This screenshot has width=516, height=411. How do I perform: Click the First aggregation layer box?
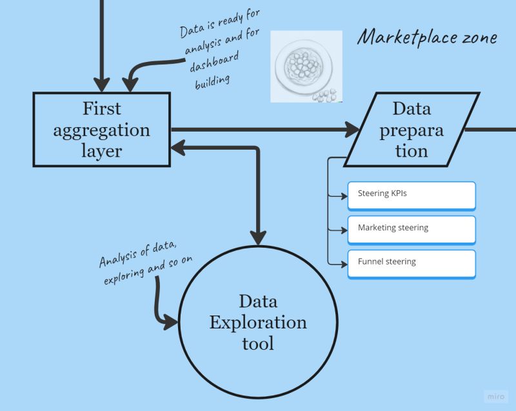[102, 129]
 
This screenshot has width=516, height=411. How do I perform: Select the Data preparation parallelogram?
[412, 129]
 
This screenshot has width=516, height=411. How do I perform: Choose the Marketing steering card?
[412, 228]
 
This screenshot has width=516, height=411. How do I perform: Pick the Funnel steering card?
[412, 263]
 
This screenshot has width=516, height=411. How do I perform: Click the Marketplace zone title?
[427, 37]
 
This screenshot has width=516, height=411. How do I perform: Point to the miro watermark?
[495, 396]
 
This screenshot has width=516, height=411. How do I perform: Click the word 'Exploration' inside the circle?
[258, 322]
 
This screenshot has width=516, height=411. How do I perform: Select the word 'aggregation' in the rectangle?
[102, 129]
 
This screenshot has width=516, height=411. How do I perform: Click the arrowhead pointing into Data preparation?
[353, 129]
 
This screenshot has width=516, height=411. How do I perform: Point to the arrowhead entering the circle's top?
[258, 237]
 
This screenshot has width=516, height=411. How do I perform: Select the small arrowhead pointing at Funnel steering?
[344, 263]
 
